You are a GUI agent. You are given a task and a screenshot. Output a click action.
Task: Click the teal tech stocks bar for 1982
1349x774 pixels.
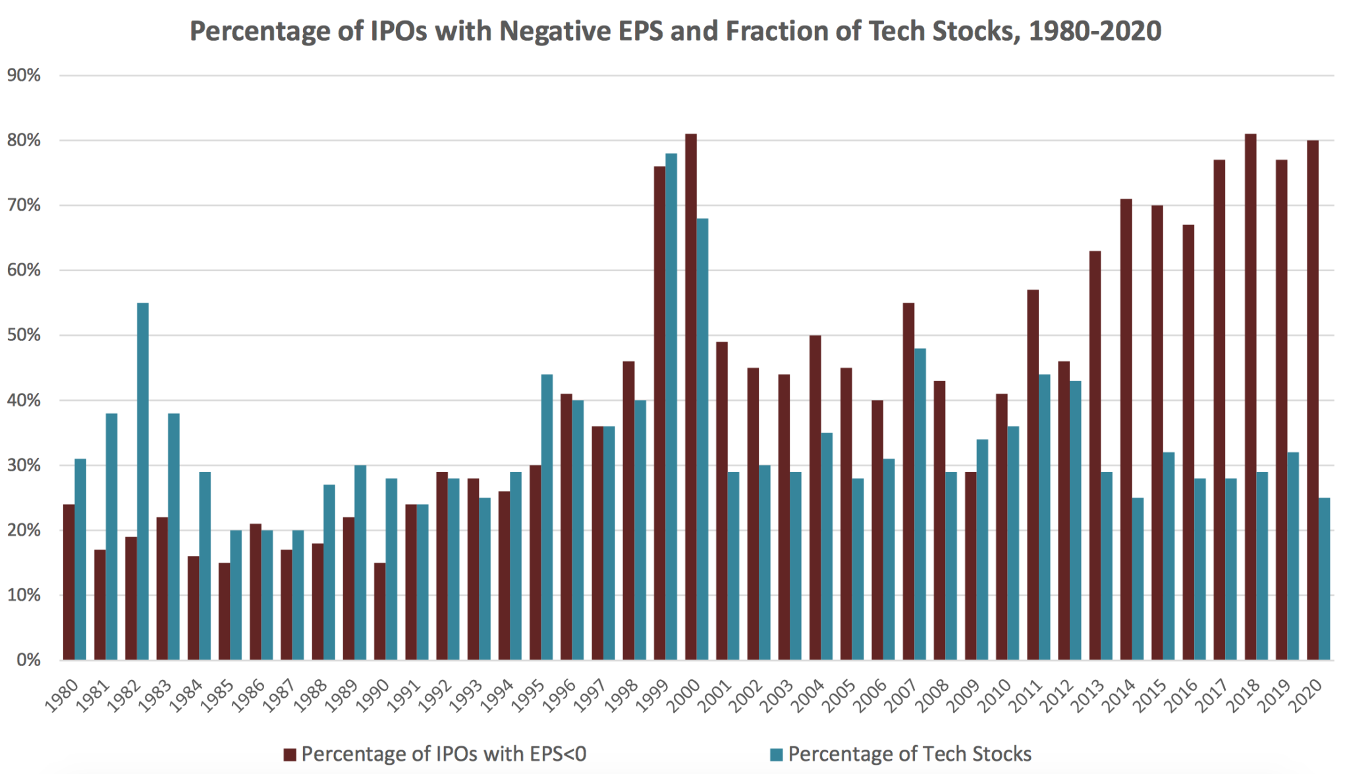click(x=143, y=480)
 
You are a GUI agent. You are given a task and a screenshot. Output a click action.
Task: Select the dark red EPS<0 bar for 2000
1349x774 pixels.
click(x=691, y=395)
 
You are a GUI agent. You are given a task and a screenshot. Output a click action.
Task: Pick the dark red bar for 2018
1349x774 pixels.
click(x=1250, y=395)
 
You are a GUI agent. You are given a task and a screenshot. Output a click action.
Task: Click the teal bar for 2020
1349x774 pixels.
click(x=1324, y=579)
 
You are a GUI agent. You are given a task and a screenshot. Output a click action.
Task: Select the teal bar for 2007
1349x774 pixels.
click(x=920, y=503)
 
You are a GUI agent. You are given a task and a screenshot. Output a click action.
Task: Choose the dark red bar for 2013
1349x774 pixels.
click(x=1095, y=454)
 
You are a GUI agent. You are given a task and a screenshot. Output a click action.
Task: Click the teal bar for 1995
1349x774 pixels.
click(x=547, y=517)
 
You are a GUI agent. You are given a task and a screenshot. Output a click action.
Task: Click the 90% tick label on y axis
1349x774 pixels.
click(x=24, y=76)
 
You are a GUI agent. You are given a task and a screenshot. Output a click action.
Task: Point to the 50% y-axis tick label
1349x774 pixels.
click(x=24, y=336)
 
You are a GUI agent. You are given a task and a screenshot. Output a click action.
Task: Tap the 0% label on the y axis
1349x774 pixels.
click(x=28, y=660)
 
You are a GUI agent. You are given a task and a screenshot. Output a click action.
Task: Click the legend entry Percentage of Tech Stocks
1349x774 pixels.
click(x=909, y=754)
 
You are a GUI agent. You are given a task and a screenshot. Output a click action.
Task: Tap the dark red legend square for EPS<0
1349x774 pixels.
click(x=290, y=755)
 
